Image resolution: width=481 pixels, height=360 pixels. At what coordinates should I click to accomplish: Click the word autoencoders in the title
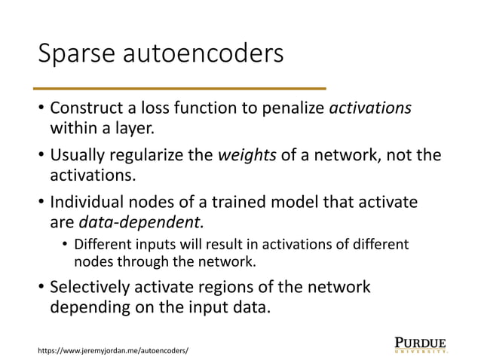click(210, 56)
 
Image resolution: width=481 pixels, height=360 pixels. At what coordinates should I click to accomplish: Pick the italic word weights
click(239, 156)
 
